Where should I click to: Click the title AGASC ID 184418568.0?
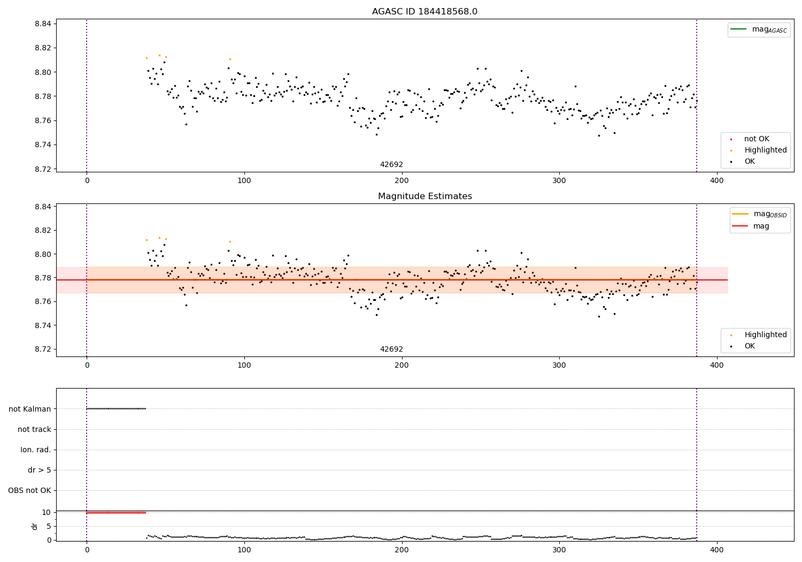[425, 12]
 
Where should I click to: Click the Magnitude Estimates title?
[425, 196]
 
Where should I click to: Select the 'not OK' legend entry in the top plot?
[757, 139]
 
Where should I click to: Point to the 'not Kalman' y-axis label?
[30, 409]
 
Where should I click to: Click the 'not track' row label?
[34, 429]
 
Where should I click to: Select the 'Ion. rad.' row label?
[36, 450]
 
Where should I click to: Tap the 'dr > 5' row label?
[40, 470]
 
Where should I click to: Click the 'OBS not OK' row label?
[30, 491]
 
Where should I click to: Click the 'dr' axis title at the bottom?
[35, 526]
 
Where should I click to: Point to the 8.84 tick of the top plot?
[43, 24]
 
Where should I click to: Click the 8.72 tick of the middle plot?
[43, 350]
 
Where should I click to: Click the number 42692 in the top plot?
[391, 165]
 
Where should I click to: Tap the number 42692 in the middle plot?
[391, 350]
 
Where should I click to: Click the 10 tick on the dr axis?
[46, 512]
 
